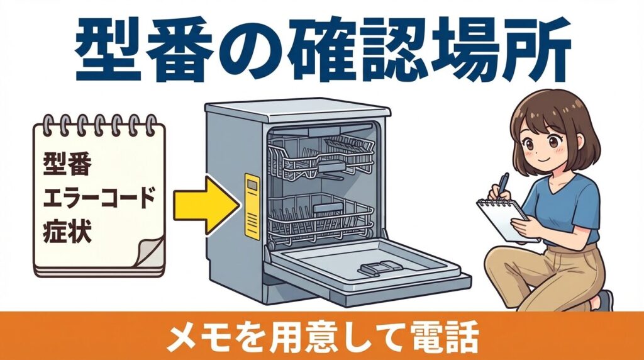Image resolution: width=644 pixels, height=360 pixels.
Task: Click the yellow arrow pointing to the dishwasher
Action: point(204,206)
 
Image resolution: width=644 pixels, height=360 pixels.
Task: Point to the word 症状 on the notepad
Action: point(67,231)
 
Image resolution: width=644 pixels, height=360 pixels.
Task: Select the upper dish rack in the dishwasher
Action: point(321,157)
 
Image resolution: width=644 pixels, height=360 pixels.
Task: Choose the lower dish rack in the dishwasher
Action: point(321,217)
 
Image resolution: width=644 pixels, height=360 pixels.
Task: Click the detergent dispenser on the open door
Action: point(375,269)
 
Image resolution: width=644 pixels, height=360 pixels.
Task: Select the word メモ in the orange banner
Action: point(193,338)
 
